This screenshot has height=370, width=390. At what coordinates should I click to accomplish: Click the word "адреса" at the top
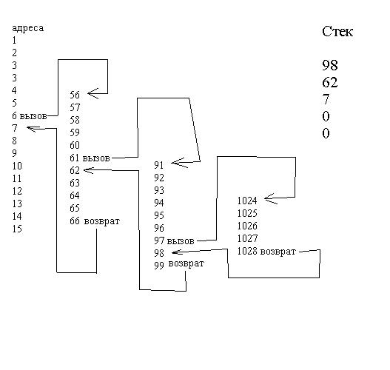click(28, 28)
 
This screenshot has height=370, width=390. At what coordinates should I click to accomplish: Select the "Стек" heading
click(337, 32)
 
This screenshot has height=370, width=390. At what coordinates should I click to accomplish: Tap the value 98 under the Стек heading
click(330, 65)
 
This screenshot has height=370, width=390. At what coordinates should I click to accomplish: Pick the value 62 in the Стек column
click(330, 82)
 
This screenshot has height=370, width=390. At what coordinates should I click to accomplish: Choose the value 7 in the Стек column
click(326, 99)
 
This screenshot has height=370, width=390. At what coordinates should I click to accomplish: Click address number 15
click(17, 229)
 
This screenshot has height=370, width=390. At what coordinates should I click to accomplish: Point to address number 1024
click(247, 201)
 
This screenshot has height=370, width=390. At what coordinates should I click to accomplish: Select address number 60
click(75, 145)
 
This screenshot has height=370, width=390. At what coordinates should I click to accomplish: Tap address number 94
click(159, 203)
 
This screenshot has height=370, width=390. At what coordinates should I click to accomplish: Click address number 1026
click(247, 226)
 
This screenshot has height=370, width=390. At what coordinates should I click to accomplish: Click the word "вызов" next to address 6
click(33, 116)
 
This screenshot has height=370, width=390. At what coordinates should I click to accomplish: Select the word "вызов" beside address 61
click(96, 158)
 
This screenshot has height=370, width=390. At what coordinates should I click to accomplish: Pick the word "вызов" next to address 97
click(181, 241)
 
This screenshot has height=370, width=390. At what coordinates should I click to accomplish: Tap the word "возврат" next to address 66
click(102, 221)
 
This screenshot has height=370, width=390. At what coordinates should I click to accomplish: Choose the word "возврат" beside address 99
click(186, 263)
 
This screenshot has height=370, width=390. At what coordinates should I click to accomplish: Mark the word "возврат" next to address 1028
click(278, 252)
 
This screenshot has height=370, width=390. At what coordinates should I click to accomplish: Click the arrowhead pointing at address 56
click(93, 93)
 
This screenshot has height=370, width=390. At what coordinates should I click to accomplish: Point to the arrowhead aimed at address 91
click(179, 163)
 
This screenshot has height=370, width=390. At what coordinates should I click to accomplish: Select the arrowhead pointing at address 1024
click(271, 198)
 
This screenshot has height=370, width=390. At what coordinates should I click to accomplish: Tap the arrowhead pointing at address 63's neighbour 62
click(89, 170)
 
